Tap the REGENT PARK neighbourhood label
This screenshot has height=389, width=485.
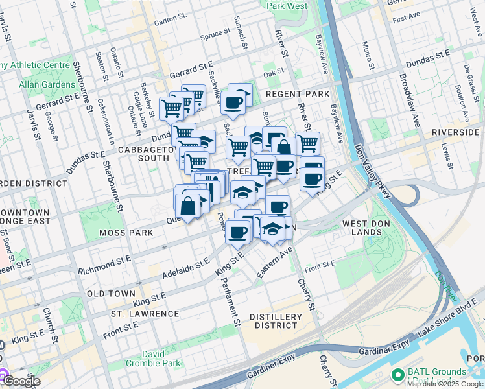click(298, 95)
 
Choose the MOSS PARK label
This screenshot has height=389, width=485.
click(125, 232)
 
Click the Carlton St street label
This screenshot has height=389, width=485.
click(170, 19)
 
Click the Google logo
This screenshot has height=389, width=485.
click(21, 381)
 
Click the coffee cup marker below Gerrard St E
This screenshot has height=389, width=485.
click(233, 102)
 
